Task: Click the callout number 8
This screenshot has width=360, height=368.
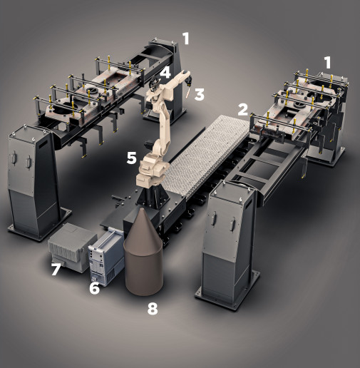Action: click(x=153, y=308)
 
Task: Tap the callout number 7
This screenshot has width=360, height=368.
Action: click(x=56, y=270)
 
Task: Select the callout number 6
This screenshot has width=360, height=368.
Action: click(x=94, y=288)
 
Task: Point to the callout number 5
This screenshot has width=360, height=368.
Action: click(x=132, y=158)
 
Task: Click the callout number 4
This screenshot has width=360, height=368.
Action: click(x=165, y=72)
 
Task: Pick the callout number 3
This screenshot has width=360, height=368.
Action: click(x=200, y=94)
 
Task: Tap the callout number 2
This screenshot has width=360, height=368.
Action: click(x=243, y=110)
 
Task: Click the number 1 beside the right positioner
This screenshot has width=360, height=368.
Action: click(x=328, y=63)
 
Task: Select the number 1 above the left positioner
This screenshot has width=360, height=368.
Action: click(x=186, y=39)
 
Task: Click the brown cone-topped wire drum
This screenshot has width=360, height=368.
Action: click(x=143, y=253)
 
